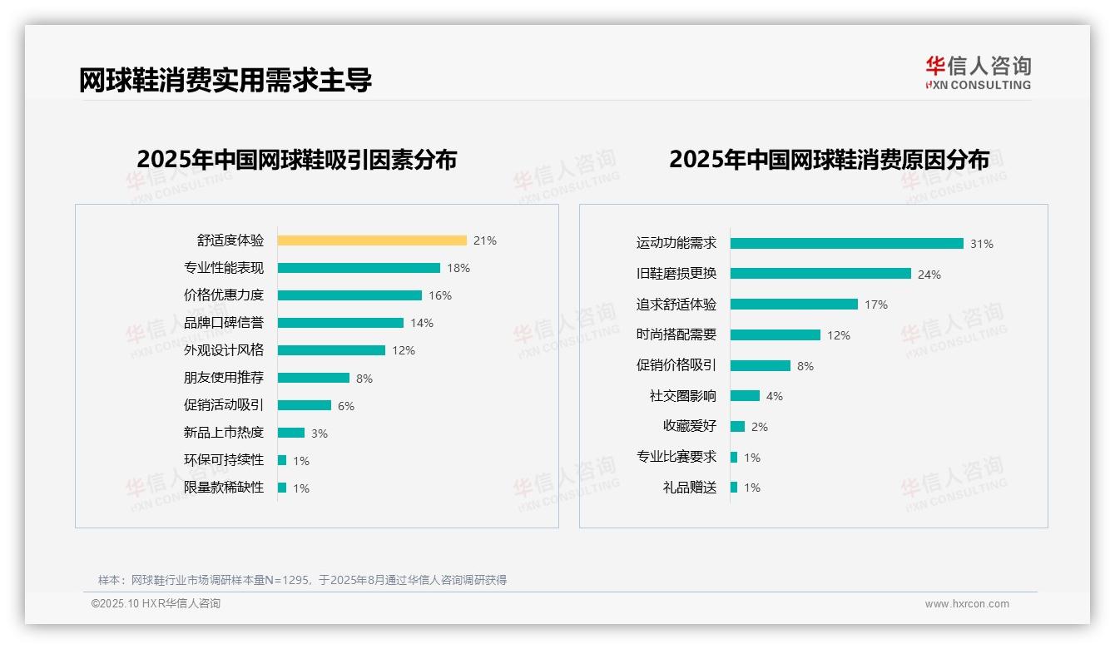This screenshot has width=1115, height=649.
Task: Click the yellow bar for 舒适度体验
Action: (372, 240)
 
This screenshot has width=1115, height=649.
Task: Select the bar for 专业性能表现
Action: (359, 268)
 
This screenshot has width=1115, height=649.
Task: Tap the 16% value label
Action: (440, 295)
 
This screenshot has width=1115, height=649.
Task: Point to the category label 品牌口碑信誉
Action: (224, 323)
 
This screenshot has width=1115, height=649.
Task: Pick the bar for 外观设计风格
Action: (331, 350)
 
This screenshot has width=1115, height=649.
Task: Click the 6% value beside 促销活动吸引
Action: (346, 406)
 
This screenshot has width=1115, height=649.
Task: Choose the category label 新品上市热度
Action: (224, 433)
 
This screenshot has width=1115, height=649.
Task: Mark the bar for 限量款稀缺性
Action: (282, 488)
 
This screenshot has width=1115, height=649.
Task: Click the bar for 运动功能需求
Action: (847, 244)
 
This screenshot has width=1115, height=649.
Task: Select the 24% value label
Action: (929, 275)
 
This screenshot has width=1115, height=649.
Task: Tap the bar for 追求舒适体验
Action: (794, 305)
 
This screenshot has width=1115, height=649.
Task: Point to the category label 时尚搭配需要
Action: (676, 334)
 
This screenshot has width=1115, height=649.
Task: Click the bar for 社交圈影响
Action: (745, 396)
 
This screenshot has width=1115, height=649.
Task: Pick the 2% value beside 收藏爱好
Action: (760, 427)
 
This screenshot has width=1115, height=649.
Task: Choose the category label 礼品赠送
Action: (690, 488)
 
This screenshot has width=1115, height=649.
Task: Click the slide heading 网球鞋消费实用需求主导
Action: (225, 80)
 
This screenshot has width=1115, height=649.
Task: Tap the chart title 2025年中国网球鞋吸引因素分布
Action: (297, 160)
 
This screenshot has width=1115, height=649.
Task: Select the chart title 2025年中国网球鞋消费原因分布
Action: (829, 160)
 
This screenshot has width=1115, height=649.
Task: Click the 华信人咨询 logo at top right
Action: (979, 72)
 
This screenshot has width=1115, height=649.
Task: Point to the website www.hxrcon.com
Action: (967, 604)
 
